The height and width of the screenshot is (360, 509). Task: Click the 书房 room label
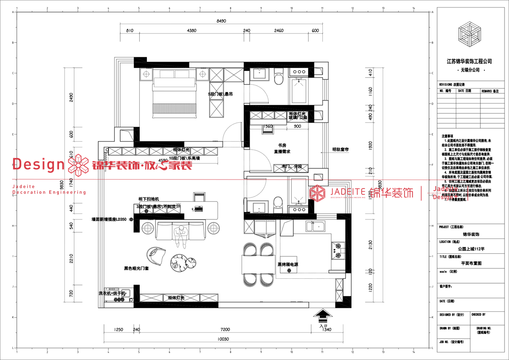click(x=282, y=146)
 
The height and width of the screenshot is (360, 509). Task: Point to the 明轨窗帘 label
click(x=340, y=150)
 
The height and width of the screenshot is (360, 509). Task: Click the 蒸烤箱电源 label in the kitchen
click(x=288, y=264)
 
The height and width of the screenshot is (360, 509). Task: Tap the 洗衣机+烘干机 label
click(x=113, y=293)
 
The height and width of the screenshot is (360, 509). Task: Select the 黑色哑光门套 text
click(x=136, y=268)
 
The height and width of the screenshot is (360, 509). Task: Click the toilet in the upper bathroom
click(x=279, y=80)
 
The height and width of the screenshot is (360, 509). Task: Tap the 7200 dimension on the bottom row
click(x=225, y=330)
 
